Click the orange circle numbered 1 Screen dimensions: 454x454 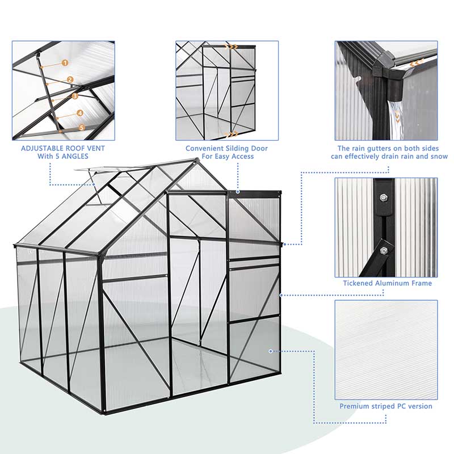[x=65, y=63]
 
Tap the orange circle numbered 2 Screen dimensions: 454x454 [x=70, y=80]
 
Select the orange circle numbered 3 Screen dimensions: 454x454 [x=75, y=96]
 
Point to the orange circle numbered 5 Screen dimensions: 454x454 [x=82, y=128]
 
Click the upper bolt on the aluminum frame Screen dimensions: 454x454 [x=384, y=197]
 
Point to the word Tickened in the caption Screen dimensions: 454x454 [x=359, y=283]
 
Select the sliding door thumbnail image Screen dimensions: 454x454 [x=227, y=91]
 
